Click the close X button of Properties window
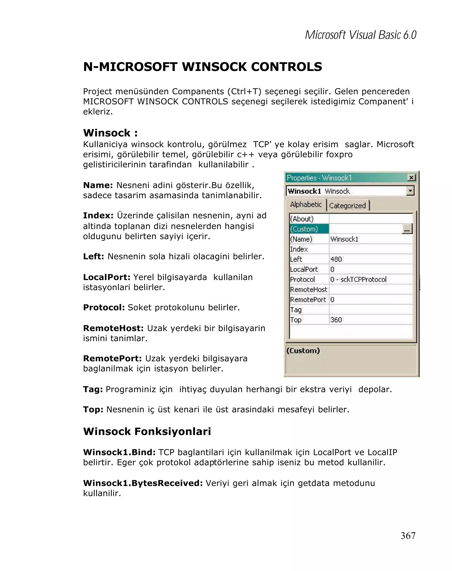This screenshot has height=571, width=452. click(411, 177)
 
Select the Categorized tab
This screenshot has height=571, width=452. click(347, 206)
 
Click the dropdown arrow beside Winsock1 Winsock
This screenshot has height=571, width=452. click(410, 191)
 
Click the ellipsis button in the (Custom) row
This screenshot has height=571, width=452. click(407, 229)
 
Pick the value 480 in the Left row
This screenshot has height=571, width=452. click(336, 259)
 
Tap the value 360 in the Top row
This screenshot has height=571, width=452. click(336, 320)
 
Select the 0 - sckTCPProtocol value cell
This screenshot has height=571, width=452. click(358, 279)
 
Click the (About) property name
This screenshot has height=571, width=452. click(302, 219)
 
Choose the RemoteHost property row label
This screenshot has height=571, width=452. click(308, 289)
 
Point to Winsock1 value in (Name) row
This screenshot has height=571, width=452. click(344, 239)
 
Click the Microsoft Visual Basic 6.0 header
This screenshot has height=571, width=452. click(360, 35)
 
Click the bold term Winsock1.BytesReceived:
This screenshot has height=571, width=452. click(143, 483)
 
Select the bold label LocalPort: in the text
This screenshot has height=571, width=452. click(107, 277)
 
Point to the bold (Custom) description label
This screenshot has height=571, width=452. click(303, 351)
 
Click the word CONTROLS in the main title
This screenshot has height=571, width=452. click(286, 67)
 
